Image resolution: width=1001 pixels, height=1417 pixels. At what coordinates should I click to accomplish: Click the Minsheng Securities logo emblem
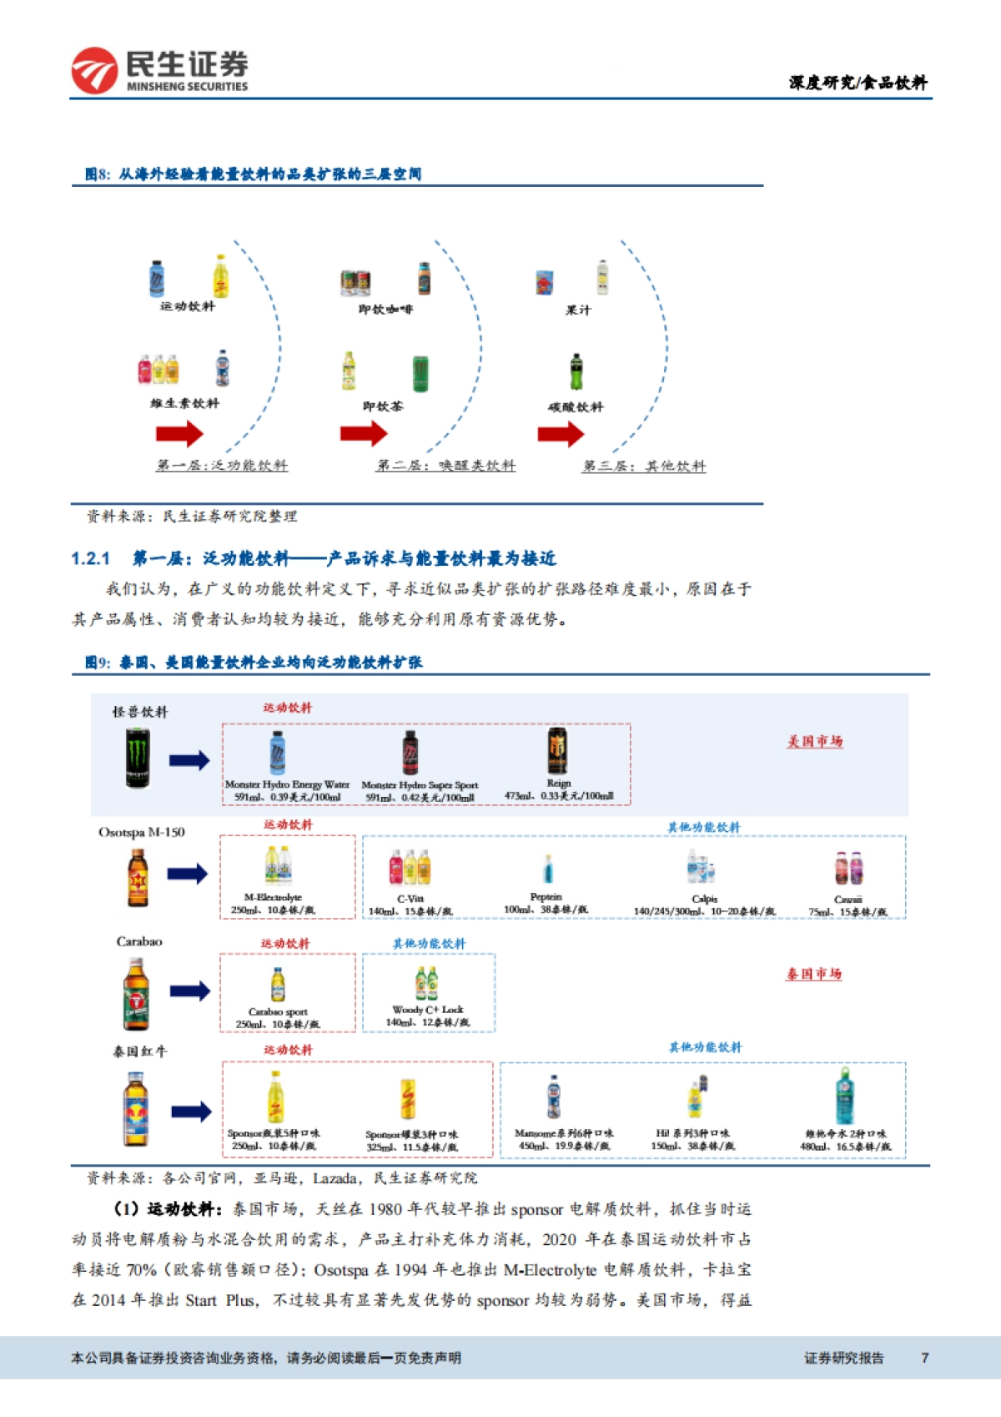(x=94, y=70)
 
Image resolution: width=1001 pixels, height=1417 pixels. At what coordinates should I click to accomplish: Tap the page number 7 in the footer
(x=924, y=1358)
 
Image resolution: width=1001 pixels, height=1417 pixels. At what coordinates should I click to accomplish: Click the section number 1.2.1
(x=90, y=558)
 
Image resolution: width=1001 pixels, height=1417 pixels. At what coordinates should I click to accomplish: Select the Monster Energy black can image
(x=138, y=758)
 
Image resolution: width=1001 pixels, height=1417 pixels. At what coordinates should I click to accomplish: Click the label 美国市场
(x=814, y=741)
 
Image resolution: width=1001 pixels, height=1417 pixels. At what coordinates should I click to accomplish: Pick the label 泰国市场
(x=813, y=974)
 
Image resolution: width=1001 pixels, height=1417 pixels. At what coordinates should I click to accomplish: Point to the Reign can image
(x=556, y=751)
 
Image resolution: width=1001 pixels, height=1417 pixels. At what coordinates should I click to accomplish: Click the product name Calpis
(x=704, y=899)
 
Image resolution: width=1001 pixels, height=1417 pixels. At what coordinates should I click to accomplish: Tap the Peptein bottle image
(x=547, y=869)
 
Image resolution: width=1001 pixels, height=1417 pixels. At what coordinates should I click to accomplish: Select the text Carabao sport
(x=278, y=1011)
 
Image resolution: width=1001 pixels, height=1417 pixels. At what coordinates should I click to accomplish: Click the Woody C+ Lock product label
(x=427, y=1010)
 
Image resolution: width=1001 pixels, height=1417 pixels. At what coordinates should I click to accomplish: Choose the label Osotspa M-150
(x=142, y=832)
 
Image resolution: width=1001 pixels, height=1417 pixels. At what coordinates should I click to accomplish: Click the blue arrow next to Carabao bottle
(x=189, y=991)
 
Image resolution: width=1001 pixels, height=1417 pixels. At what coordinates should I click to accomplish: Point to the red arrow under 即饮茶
(x=364, y=433)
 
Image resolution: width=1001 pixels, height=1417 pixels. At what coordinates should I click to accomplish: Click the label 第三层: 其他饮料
(x=644, y=466)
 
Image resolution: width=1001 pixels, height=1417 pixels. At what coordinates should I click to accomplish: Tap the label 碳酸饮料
(x=575, y=407)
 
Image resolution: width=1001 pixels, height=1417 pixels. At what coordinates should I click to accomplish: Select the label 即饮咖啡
(x=385, y=310)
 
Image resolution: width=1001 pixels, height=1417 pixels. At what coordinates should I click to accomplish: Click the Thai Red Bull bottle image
(x=137, y=1109)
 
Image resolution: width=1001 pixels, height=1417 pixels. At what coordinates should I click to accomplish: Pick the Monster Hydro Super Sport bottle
(x=410, y=753)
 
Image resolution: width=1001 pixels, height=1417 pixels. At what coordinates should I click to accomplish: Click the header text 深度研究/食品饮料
(x=858, y=82)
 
